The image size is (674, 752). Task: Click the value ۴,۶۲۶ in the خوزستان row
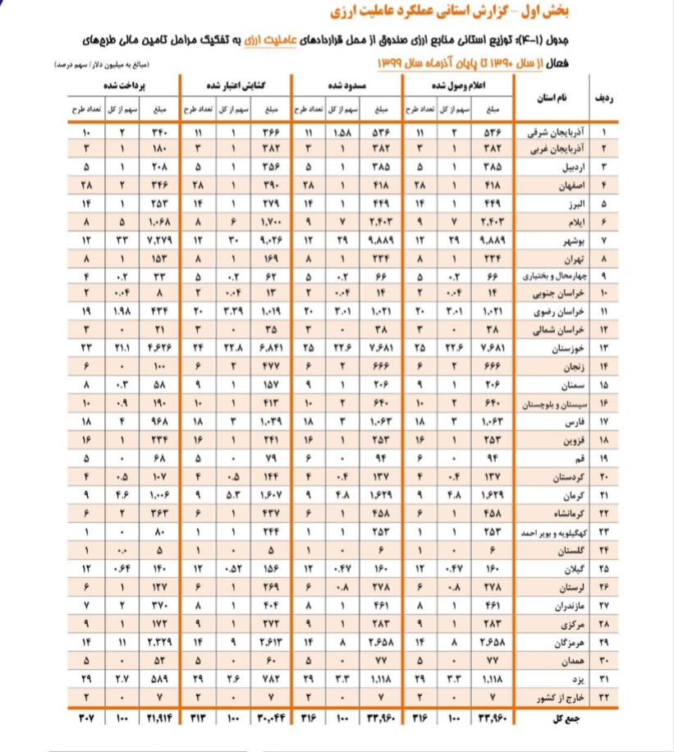point(157,349)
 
